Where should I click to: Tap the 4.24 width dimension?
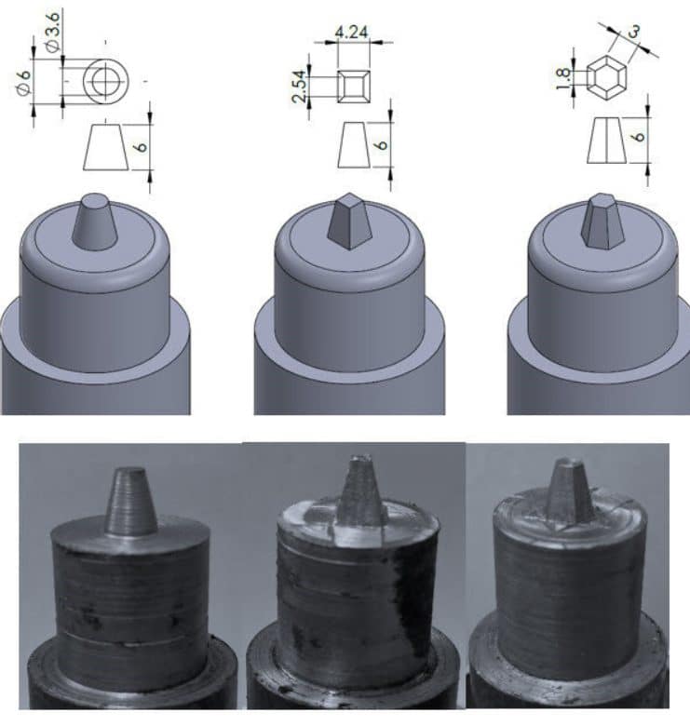click(350, 31)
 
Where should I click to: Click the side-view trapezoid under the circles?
click(105, 146)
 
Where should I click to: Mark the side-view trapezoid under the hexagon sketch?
click(605, 142)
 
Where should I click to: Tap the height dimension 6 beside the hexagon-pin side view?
click(636, 136)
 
